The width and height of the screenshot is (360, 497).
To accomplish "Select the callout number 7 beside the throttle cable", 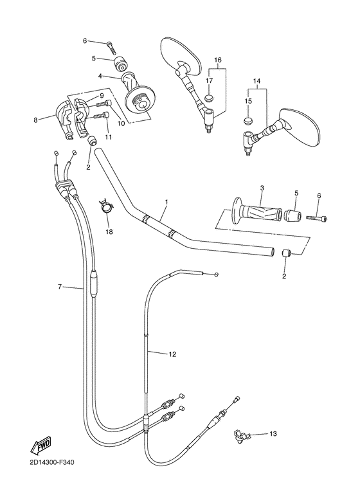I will [x=60, y=286].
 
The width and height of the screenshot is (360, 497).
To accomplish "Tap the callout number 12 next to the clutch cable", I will [x=172, y=354].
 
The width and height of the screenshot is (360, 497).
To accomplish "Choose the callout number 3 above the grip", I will [x=262, y=188].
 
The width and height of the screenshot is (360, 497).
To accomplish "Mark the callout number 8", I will [x=36, y=118].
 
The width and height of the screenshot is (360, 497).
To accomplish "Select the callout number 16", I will [x=217, y=60].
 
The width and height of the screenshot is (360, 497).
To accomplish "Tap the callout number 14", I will [x=256, y=82].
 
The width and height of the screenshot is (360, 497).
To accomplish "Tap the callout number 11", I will [x=108, y=137].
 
